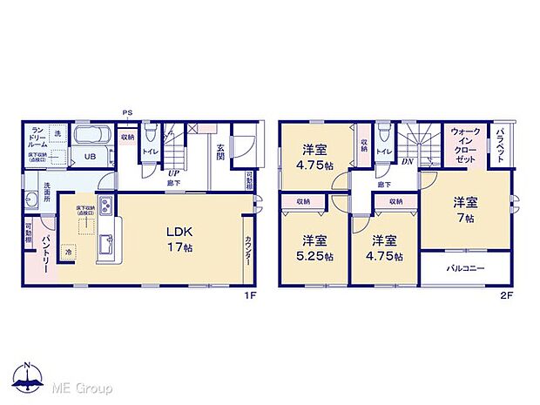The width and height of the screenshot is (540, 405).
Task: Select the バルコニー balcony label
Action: tap(466, 267)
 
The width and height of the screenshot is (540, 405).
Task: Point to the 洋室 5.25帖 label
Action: tap(314, 248)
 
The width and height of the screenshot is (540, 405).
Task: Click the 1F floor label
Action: tap(250, 294)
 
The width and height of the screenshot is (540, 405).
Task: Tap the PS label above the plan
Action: tap(126, 112)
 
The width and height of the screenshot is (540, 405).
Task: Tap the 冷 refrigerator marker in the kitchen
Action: tap(69, 252)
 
